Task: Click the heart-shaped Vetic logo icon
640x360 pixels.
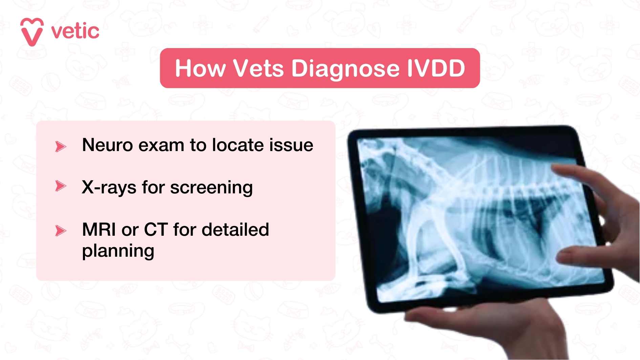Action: coord(32,32)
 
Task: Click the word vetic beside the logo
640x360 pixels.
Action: coord(75,31)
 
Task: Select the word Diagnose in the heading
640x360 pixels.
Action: coord(345,68)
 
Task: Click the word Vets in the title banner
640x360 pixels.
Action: coord(258,68)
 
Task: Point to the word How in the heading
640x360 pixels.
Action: coord(200,68)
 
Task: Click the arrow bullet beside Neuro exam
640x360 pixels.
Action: coord(60,146)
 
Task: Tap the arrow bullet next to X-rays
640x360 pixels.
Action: coord(60,186)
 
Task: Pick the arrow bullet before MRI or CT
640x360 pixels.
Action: coord(60,231)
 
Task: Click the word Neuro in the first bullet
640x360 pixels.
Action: coord(107,145)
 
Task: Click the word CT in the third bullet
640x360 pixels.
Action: coord(156,230)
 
